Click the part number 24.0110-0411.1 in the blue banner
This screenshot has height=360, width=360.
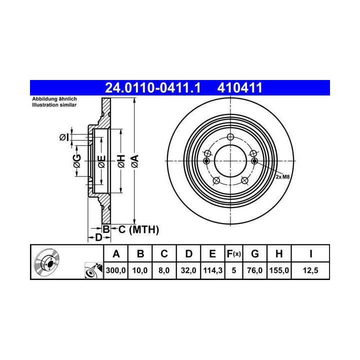(153, 88)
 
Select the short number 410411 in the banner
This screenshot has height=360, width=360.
(239, 88)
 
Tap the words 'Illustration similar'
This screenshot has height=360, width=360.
(54, 105)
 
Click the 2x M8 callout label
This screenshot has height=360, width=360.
(282, 177)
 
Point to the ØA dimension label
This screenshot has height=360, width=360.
(135, 161)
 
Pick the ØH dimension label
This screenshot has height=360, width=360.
(121, 161)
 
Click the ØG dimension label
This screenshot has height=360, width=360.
(77, 161)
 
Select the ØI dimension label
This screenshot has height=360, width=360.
(64, 137)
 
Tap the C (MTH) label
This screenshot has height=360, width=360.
(138, 229)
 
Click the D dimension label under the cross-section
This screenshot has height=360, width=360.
(98, 237)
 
